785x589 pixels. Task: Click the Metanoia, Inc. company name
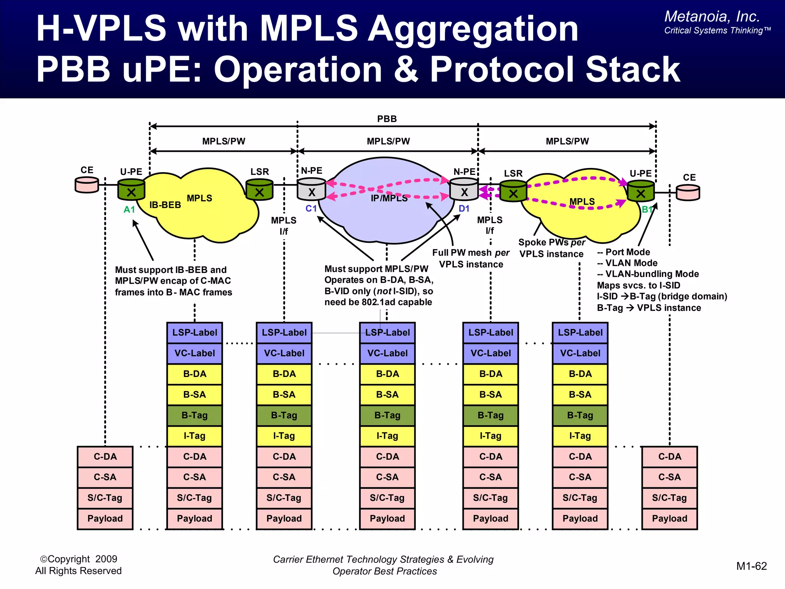[x=712, y=16]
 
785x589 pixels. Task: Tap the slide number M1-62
[x=751, y=566]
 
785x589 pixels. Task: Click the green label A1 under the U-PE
[x=129, y=209]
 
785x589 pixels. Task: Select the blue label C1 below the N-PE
[x=311, y=208]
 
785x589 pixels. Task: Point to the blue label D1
[x=464, y=208]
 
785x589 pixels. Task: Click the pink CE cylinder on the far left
[x=87, y=185]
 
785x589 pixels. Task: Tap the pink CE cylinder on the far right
[x=688, y=192]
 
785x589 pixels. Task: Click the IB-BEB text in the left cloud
[x=165, y=205]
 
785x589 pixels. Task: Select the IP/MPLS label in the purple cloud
[x=389, y=198]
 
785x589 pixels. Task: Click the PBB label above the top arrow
[x=387, y=119]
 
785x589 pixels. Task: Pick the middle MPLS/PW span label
[x=388, y=141]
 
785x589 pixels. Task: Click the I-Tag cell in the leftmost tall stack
[x=194, y=436]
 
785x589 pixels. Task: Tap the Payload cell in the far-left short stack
[x=105, y=518]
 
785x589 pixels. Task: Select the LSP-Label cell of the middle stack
[x=387, y=332]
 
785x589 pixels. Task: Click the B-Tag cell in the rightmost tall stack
[x=580, y=415]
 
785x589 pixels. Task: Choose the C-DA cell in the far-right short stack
[x=670, y=457]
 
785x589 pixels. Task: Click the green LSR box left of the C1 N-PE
[x=259, y=190]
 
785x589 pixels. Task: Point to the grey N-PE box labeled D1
[x=464, y=190]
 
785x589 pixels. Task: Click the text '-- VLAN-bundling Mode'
[x=648, y=274]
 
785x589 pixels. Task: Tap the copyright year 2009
[x=106, y=559]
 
